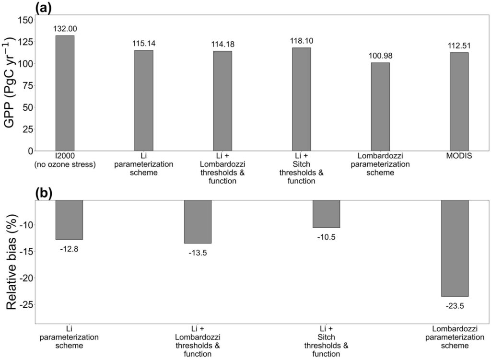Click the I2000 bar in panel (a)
point(65,93)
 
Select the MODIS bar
point(459,102)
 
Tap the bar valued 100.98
point(380,107)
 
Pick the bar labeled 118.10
point(301,99)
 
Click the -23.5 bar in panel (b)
point(455,248)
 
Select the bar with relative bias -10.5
point(326,214)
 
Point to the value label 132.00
point(65,29)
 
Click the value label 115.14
point(144,44)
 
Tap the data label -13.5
point(198,253)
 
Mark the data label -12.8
point(69,249)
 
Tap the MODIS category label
point(459,156)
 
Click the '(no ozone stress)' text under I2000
point(65,164)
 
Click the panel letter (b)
point(43,193)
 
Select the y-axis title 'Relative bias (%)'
point(12,262)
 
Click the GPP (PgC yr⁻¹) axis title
point(10,82)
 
